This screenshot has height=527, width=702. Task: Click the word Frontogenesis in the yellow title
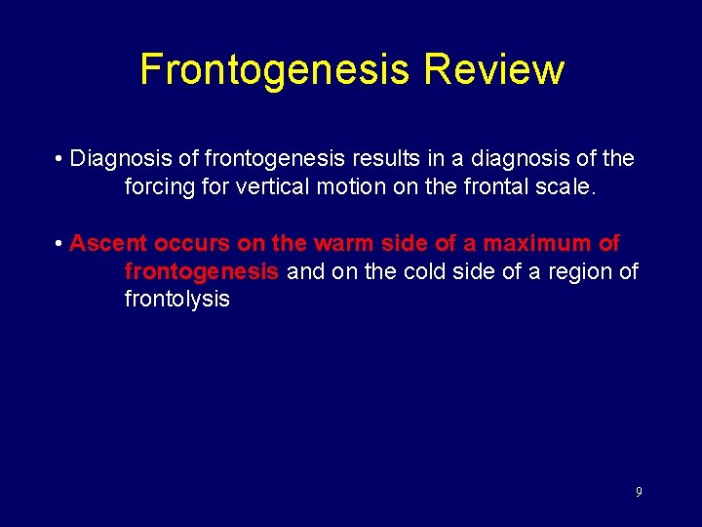[275, 69]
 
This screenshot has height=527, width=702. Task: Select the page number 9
[639, 492]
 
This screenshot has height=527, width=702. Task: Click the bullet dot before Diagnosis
[59, 158]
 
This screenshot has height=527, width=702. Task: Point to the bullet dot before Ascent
[59, 243]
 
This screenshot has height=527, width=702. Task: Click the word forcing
[159, 186]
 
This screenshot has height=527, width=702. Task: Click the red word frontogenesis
[202, 271]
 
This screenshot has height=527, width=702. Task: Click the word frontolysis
[177, 299]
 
